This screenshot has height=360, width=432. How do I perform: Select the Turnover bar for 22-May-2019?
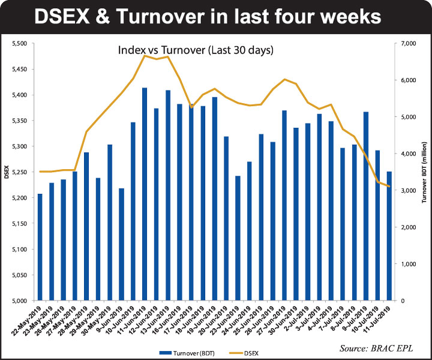[40, 247]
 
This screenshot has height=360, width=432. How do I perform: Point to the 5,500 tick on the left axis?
[20, 43]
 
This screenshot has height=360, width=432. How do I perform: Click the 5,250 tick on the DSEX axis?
[20, 172]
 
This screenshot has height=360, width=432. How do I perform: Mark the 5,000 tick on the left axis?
[20, 301]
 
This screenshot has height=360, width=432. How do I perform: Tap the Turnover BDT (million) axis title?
[424, 172]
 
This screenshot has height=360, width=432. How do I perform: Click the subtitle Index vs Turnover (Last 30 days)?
[196, 51]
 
